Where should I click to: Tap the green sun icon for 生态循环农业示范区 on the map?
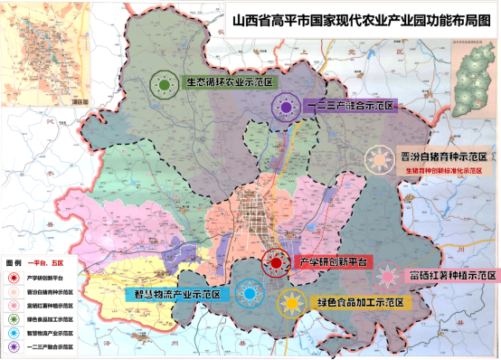tap(165, 84)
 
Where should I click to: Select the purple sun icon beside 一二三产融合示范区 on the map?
tap(286, 108)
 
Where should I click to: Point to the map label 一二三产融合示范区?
tap(352, 106)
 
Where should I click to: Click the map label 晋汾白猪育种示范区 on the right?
tap(443, 157)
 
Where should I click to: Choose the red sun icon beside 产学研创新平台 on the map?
tap(275, 263)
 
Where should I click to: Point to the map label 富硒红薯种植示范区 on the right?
tap(451, 274)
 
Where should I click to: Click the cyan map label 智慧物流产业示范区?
tap(178, 294)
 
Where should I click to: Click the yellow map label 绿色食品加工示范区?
tap(355, 302)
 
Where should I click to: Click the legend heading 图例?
tap(14, 261)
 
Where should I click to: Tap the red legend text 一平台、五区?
tap(47, 261)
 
